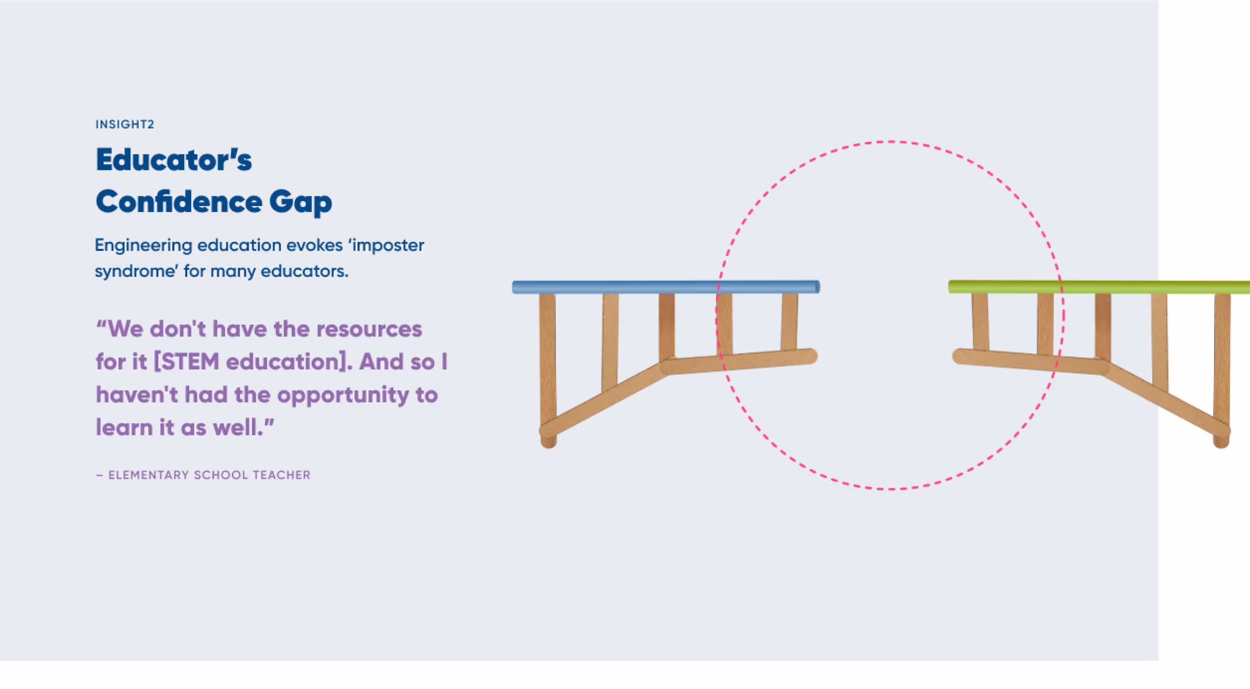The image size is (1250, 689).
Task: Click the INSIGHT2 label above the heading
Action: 125,124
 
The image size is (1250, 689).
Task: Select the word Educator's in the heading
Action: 174,160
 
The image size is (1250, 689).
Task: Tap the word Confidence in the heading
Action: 179,201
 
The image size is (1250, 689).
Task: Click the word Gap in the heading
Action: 300,202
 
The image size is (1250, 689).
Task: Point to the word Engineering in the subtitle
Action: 143,246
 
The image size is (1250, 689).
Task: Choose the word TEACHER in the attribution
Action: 281,475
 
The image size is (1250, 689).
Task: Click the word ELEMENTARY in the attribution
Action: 148,475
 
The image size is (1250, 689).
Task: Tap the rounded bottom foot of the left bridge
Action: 548,441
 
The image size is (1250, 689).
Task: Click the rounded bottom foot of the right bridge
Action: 1221,441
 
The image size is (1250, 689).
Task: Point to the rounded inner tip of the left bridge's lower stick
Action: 810,356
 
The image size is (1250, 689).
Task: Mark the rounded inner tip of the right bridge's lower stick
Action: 960,356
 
